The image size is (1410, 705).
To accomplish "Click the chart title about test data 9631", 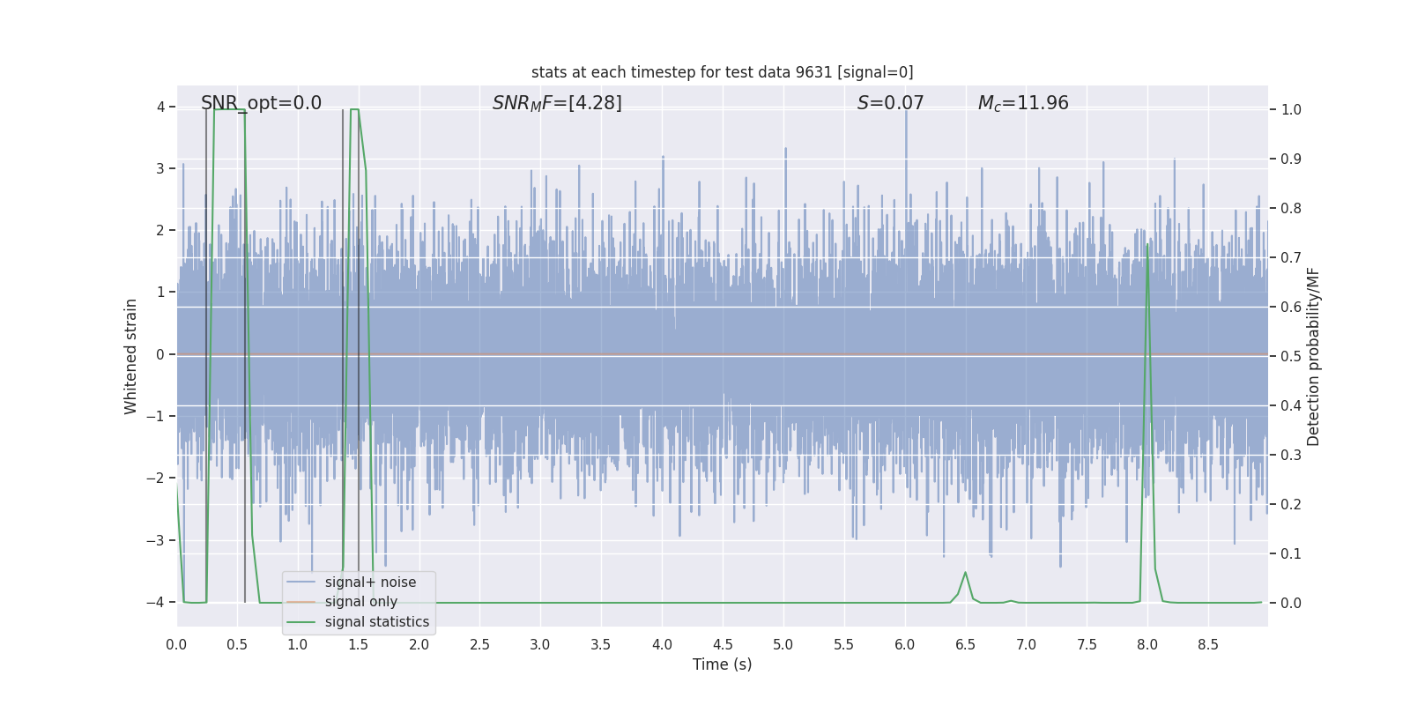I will pos(722,72).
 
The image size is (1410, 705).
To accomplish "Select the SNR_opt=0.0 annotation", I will pos(261,103).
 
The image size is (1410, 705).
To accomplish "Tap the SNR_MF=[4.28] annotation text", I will pos(557,103).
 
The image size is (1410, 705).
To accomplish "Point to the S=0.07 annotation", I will pos(890,103).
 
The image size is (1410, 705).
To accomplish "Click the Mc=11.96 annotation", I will pos(1023,103).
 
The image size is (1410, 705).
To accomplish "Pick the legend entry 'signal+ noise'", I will pos(370,582).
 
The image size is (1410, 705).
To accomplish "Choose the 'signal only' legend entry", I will pos(360,602).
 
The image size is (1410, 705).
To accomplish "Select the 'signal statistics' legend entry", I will pos(376,621).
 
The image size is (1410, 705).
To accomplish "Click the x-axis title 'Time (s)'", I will pos(722,664).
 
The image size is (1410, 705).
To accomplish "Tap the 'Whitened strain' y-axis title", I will pos(131,356).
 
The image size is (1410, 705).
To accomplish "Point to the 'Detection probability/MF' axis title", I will pos(1313,356).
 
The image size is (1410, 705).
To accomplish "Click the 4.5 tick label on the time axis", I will pos(722,644).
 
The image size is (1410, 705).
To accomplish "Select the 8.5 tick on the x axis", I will pos(1207,644).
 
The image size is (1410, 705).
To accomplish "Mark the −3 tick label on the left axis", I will pos(160,540).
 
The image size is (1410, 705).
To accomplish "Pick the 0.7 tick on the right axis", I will pos(1291,257).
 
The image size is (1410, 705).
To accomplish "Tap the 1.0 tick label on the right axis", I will pos(1291,109).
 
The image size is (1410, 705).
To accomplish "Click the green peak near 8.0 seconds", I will pos(1147,246).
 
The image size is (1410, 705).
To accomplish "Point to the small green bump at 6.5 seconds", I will pos(965,573).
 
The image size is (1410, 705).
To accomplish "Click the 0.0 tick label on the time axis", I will pos(176,644).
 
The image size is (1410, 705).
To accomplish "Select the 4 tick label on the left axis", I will pos(161,108).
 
